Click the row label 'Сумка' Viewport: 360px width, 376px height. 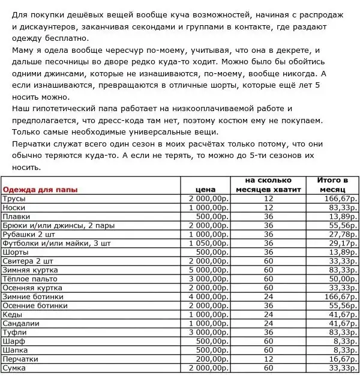pos(14,368)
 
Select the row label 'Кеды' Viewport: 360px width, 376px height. pos(13,314)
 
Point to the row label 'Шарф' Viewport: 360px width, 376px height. pos(13,341)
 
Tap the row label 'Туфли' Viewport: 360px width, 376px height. pos(14,332)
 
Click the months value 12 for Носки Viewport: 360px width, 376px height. pos(268,208)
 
